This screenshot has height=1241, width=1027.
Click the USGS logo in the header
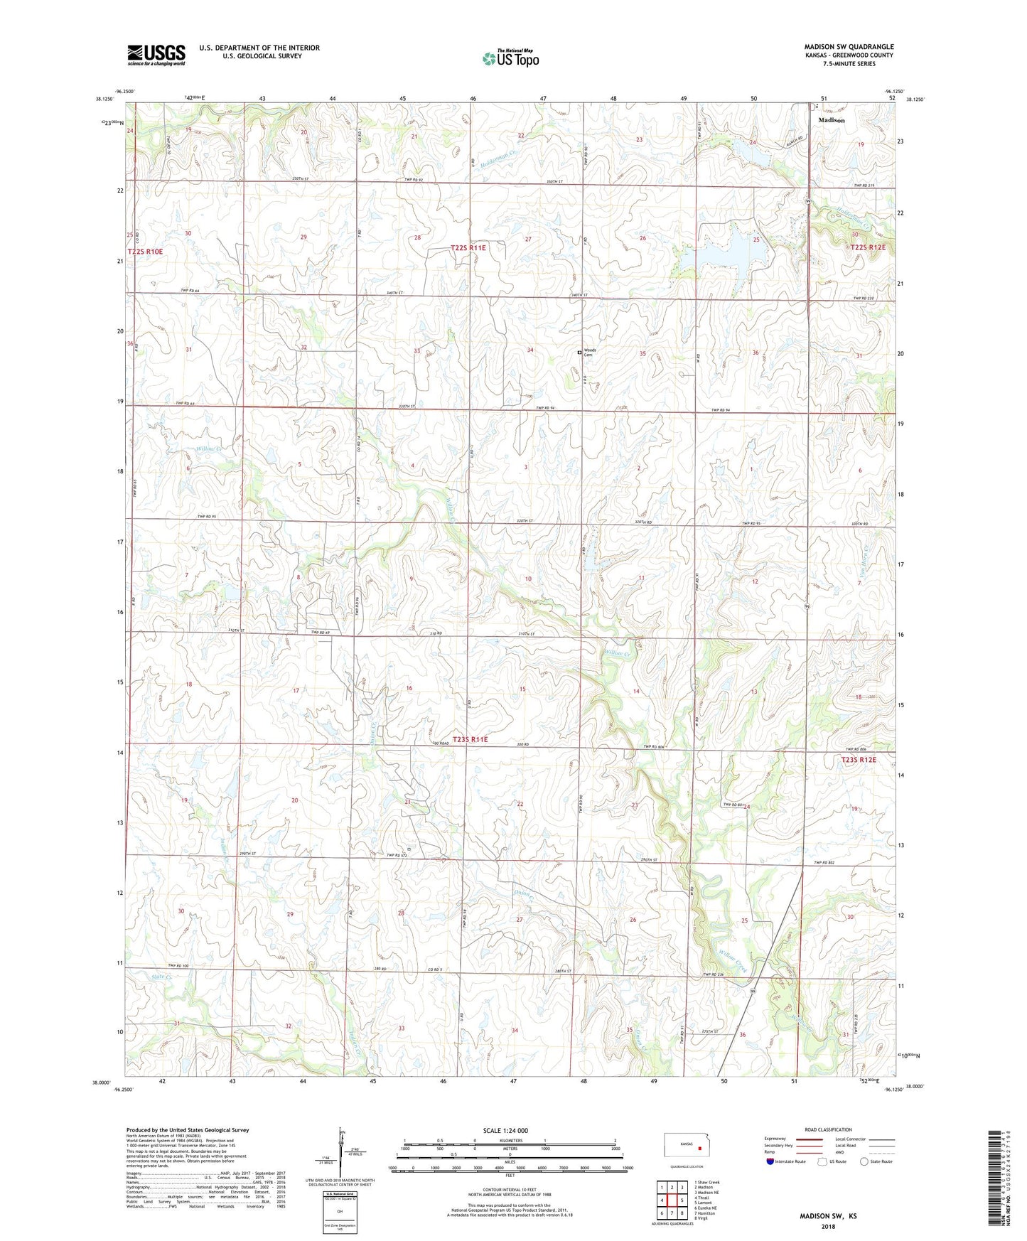[156, 54]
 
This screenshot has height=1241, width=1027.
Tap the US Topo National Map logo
[510, 58]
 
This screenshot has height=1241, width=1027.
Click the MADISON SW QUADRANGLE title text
[849, 46]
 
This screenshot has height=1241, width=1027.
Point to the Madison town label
[831, 120]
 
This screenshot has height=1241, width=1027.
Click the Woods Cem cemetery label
[589, 353]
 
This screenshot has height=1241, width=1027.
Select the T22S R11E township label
[468, 247]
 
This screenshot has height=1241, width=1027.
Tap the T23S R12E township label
[859, 760]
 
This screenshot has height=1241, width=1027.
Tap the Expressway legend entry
[775, 1138]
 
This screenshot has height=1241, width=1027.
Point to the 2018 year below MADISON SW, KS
[828, 1226]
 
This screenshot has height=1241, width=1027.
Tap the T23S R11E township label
[470, 739]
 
